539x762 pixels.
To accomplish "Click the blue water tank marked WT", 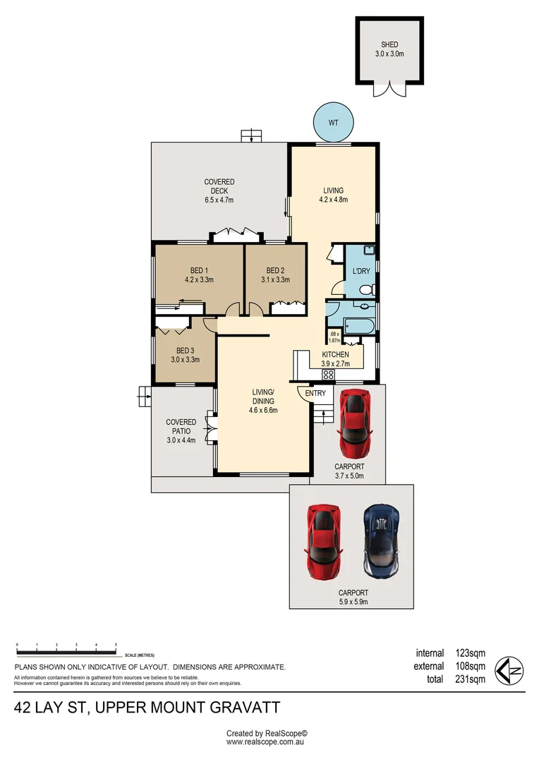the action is tap(333, 123).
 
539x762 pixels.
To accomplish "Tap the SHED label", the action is tap(389, 44).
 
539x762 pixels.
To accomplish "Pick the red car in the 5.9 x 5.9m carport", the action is tap(322, 540).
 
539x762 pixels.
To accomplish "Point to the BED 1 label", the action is tap(199, 271).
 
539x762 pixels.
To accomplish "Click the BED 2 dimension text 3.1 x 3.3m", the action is tap(275, 280).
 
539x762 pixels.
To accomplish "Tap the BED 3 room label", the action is tap(185, 351).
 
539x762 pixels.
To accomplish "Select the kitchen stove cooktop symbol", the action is tap(328, 374).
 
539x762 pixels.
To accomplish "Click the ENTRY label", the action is tap(315, 393).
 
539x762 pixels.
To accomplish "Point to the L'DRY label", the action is tap(361, 271).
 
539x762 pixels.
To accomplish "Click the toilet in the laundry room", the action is tap(368, 290).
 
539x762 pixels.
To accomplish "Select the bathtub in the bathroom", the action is tap(358, 325).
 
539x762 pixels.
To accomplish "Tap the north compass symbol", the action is tap(509, 671).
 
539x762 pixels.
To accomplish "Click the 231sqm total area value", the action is tap(470, 679).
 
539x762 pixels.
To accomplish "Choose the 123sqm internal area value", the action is tap(470, 653).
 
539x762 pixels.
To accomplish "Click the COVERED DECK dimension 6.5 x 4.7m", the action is tap(219, 200).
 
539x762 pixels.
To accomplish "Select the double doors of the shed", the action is tap(389, 89).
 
